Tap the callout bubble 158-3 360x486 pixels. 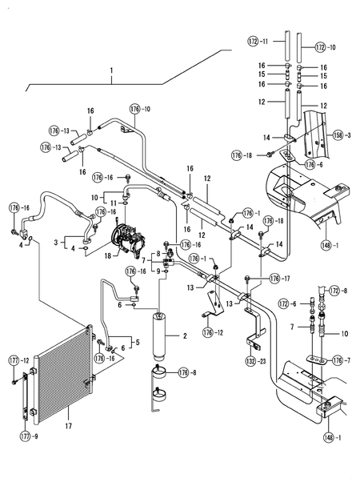click(x=344, y=136)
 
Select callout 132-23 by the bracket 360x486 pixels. click(x=257, y=361)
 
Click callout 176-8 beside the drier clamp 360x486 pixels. click(x=186, y=372)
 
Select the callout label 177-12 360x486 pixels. click(x=19, y=361)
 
